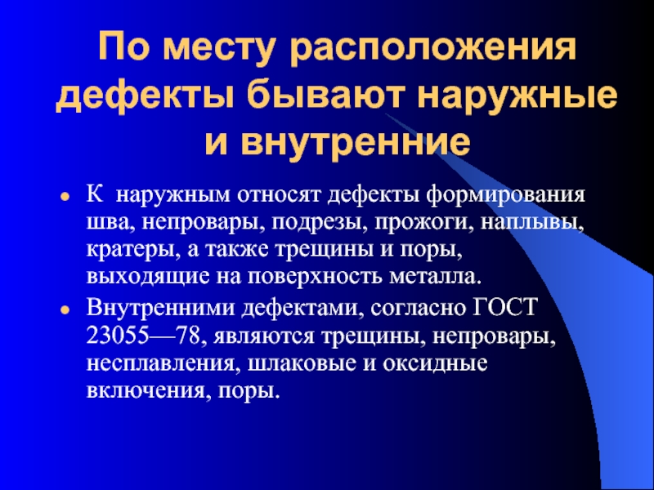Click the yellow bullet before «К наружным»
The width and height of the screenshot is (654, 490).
[65, 198]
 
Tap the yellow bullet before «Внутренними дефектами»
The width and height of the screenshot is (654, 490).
[65, 312]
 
